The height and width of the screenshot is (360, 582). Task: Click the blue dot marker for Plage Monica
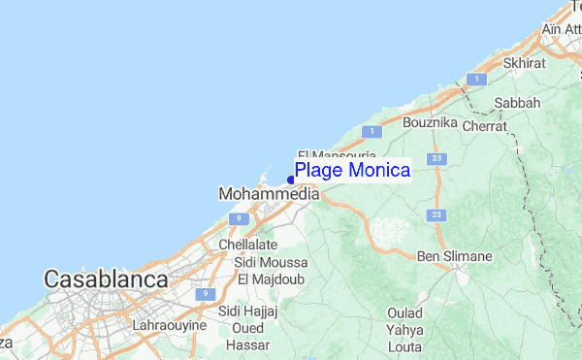pyautogui.click(x=291, y=180)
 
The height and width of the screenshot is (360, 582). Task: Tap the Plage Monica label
pyautogui.click(x=352, y=170)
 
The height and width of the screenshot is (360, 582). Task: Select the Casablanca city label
pyautogui.click(x=106, y=279)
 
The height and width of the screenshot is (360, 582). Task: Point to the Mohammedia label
pyautogui.click(x=270, y=194)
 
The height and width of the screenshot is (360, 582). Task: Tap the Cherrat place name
pyautogui.click(x=484, y=126)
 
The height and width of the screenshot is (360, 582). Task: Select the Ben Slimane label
pyautogui.click(x=454, y=256)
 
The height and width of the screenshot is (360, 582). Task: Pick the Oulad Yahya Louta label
pyautogui.click(x=405, y=329)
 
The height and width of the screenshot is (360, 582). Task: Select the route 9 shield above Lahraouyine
pyautogui.click(x=203, y=293)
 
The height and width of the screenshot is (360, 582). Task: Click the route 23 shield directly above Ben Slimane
pyautogui.click(x=437, y=214)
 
